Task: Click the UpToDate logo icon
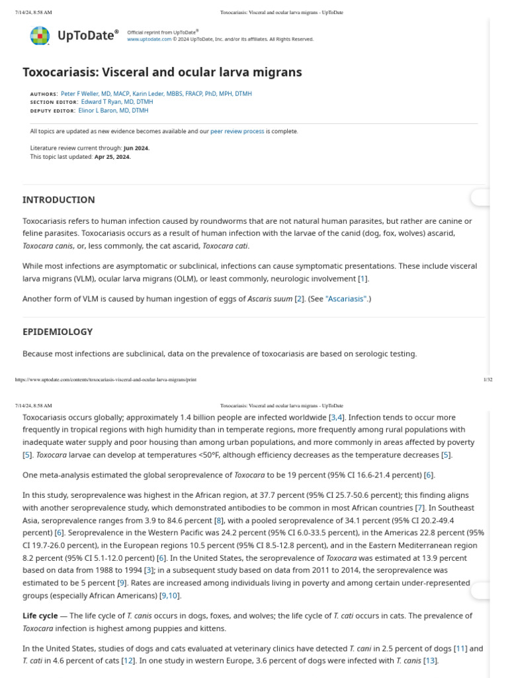tap(40, 35)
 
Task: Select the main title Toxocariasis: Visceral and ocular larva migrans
tap(162, 72)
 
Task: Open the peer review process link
tap(237, 131)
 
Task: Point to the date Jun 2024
tap(136, 148)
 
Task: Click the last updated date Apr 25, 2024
tap(113, 157)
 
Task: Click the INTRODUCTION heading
tap(59, 199)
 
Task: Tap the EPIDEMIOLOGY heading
tap(58, 332)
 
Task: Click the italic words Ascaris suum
tap(269, 299)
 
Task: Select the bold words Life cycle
tap(40, 616)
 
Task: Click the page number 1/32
tap(488, 379)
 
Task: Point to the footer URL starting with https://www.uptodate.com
tap(105, 379)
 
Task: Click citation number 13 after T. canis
tap(430, 661)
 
